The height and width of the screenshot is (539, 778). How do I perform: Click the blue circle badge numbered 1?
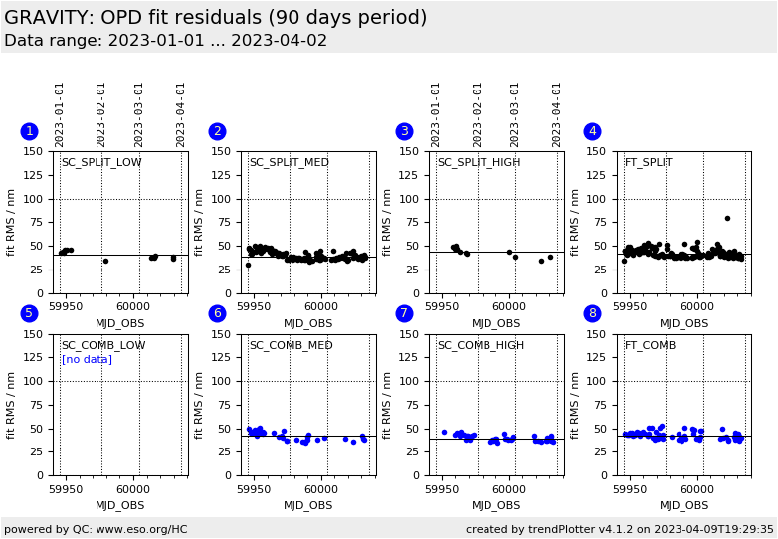(x=29, y=131)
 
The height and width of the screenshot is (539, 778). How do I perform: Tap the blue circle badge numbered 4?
(x=592, y=131)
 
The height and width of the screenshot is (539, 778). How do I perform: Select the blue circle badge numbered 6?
(x=217, y=313)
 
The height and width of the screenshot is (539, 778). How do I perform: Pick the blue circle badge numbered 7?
(x=404, y=313)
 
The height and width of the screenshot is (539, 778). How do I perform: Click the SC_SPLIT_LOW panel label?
(x=101, y=163)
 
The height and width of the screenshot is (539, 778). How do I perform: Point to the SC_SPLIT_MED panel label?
(x=289, y=163)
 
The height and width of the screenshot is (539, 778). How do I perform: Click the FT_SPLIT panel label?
(x=648, y=163)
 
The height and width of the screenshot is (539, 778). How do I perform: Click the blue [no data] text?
(x=87, y=359)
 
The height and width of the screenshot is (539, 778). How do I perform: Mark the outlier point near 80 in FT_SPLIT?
(x=727, y=218)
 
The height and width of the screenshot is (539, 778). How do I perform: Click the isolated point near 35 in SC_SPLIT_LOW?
(x=105, y=261)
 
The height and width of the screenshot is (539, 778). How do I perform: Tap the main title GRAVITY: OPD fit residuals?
(x=215, y=18)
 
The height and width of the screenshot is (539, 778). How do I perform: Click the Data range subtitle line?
(x=165, y=41)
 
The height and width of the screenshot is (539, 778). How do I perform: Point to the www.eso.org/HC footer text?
(x=96, y=529)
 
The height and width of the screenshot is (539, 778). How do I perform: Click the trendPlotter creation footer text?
(x=619, y=529)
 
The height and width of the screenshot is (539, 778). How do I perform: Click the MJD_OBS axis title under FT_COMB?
(x=684, y=505)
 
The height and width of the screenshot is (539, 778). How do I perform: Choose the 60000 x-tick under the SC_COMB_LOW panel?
(x=133, y=488)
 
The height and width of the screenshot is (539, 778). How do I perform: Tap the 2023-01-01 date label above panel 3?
(x=436, y=113)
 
